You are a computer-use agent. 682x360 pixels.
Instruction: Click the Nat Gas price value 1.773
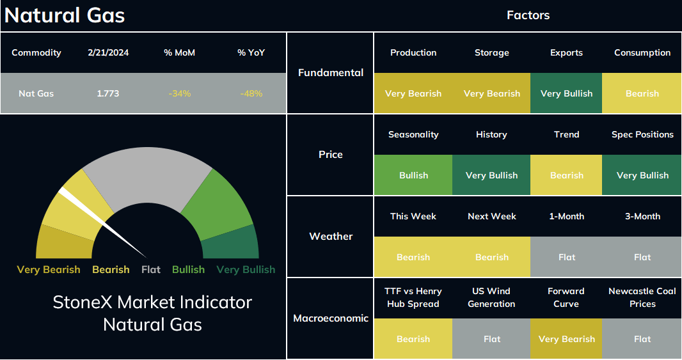pos(108,93)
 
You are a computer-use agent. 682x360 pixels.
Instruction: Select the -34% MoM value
pos(180,93)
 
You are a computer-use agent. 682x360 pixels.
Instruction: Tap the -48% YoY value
pos(251,93)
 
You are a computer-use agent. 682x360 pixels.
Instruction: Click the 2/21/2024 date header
pos(108,52)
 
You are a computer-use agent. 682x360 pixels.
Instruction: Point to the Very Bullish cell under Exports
pos(566,93)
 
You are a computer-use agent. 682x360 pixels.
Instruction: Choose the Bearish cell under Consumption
pos(642,93)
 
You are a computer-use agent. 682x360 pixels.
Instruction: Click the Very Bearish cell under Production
pos(413,93)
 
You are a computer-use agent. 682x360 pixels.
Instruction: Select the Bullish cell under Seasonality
pos(413,175)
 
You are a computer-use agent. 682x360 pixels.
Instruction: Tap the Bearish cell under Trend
pos(566,175)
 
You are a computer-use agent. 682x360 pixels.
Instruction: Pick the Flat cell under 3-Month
pos(642,256)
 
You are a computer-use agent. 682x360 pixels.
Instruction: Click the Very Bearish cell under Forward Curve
pos(566,338)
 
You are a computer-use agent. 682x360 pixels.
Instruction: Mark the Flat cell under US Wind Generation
pos(491,338)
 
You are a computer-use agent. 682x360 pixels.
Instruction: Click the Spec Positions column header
pos(642,134)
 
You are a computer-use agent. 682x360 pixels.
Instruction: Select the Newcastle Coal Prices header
pos(642,297)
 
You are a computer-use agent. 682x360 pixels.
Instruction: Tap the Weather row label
pos(331,236)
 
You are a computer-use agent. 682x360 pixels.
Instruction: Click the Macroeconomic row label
pos(331,318)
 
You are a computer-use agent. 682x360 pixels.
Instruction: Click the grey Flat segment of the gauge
pos(147,174)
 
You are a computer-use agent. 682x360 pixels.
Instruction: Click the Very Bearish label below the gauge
pos(49,270)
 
